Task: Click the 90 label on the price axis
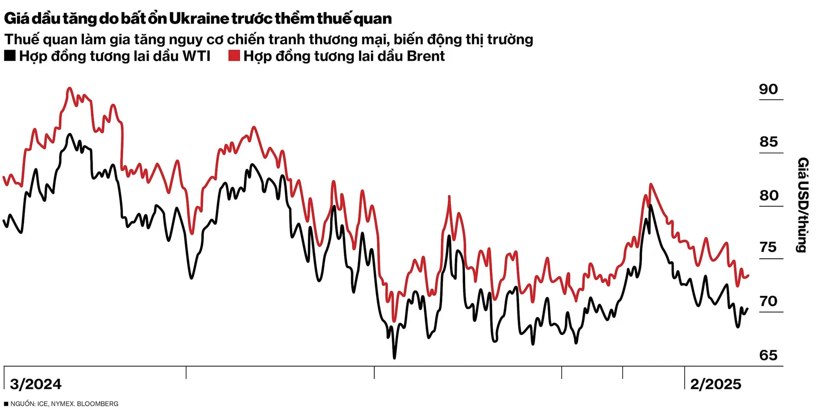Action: click(x=768, y=89)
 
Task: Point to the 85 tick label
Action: click(x=768, y=142)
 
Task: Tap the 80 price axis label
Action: click(x=768, y=195)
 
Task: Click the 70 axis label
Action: click(x=768, y=301)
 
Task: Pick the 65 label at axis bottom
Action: click(x=768, y=355)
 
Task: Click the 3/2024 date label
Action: click(x=36, y=384)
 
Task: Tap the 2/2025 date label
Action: click(x=715, y=384)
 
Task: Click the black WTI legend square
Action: click(x=10, y=56)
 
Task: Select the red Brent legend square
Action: click(x=234, y=56)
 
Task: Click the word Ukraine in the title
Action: click(x=199, y=18)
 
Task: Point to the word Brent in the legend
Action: click(x=425, y=56)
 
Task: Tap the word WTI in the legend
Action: click(x=196, y=56)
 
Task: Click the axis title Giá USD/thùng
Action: click(x=802, y=205)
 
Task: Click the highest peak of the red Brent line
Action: click(x=70, y=88)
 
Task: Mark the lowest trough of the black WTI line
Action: click(x=394, y=357)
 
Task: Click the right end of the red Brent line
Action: click(x=748, y=276)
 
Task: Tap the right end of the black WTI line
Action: click(x=747, y=309)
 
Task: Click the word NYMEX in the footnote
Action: click(x=62, y=404)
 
